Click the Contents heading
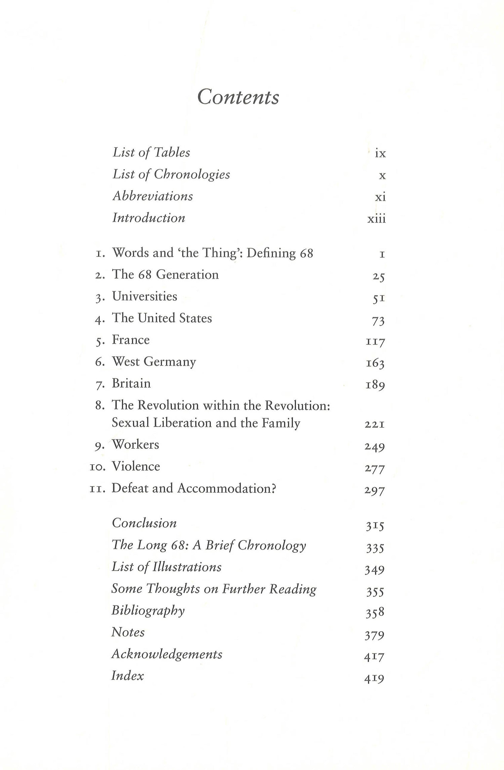238,97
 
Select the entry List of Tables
151,153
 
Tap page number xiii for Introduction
376,219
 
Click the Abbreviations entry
153,196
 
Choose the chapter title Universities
144,296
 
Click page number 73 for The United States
378,321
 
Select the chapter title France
131,340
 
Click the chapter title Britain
131,383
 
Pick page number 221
375,425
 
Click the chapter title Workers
135,444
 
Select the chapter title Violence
136,466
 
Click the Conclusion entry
144,523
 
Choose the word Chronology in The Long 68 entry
272,545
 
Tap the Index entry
127,676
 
